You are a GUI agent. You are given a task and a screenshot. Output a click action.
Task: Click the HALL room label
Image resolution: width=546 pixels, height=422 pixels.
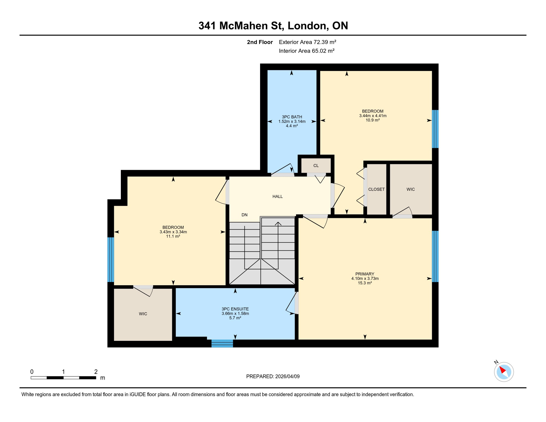click(277, 196)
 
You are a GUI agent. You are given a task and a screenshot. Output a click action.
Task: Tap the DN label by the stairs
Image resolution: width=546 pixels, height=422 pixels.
click(244, 215)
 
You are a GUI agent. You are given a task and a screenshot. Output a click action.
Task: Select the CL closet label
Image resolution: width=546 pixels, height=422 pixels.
click(316, 166)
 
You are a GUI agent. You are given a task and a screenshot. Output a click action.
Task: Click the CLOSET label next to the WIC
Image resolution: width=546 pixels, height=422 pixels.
click(376, 189)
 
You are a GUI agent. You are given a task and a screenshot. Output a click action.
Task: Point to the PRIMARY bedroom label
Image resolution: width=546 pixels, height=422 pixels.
click(364, 274)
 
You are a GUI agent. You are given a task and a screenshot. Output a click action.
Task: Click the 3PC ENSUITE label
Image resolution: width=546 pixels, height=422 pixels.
click(235, 309)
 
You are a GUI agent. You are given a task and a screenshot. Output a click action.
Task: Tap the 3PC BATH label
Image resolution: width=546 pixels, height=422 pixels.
click(292, 117)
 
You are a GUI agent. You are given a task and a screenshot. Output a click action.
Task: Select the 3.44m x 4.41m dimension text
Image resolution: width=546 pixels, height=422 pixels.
click(372, 116)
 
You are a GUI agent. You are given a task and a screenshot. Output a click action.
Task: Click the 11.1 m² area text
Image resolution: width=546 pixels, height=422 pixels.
click(173, 236)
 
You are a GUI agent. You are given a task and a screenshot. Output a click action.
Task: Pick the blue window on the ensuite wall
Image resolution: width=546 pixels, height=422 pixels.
click(222, 343)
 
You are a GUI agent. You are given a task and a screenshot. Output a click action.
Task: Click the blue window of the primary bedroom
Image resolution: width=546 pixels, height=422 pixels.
click(435, 256)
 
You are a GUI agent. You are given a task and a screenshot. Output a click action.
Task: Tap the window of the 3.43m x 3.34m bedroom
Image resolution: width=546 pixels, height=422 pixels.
click(111, 260)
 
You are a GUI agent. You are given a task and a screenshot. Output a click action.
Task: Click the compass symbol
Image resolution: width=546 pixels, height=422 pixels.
click(504, 372)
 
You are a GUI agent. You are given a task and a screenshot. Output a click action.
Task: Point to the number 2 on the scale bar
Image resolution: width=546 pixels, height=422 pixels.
click(96, 372)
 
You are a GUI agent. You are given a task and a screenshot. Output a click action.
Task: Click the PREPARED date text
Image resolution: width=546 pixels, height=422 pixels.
click(273, 376)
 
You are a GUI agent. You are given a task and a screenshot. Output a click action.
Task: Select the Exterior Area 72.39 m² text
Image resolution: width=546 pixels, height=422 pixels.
click(307, 42)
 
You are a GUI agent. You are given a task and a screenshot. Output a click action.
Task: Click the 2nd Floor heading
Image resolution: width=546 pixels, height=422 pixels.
click(260, 42)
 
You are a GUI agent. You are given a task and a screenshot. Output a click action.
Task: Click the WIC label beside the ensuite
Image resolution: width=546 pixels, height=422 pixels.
click(143, 314)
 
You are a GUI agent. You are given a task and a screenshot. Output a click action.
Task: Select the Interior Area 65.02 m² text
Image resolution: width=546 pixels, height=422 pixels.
click(307, 51)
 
